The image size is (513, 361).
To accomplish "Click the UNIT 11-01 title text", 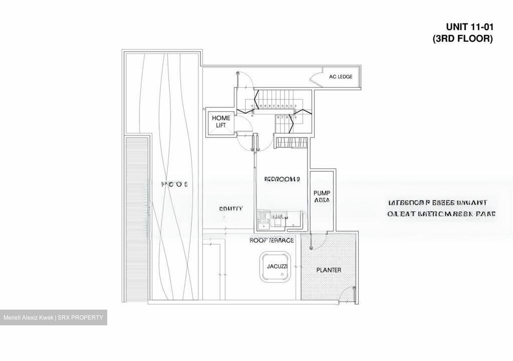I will point(470,27).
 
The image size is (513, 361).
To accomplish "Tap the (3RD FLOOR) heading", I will point(462,39).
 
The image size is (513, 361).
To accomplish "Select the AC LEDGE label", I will point(341,77).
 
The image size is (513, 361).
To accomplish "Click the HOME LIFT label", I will point(221,122).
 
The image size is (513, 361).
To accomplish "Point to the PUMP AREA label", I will point(322,197).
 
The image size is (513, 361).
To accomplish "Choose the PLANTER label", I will point(328,270).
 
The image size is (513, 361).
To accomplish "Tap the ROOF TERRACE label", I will point(271,240).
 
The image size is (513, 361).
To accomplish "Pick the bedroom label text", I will point(282,179).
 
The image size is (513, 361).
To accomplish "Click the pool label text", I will point(175,184).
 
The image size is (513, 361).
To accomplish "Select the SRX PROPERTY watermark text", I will point(53,317).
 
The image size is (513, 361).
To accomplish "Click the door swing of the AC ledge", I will point(316,79).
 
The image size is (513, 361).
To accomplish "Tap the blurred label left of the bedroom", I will point(231,209).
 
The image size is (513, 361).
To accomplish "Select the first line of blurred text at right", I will point(437,203).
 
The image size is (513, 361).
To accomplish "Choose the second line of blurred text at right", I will point(441,214).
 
